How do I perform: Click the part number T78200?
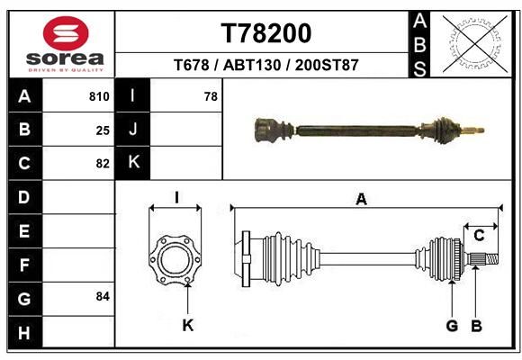coord(266,33)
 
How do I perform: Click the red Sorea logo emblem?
coord(66,33)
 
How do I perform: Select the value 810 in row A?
coord(99,96)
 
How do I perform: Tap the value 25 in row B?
coord(103,130)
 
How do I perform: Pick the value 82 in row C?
coord(103,164)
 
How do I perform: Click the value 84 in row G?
coord(103,296)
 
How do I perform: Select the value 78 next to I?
coord(211,96)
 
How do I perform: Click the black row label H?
coord(24,332)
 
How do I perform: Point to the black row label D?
coord(24,197)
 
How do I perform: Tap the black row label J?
coord(132,130)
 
